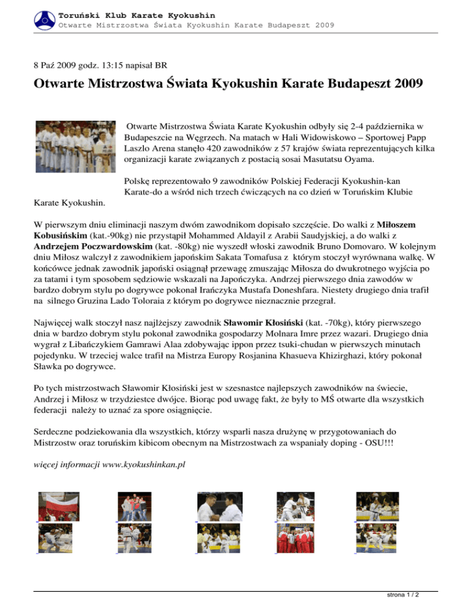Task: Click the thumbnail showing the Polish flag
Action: pos(58,506)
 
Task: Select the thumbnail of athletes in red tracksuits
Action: pos(296,538)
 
